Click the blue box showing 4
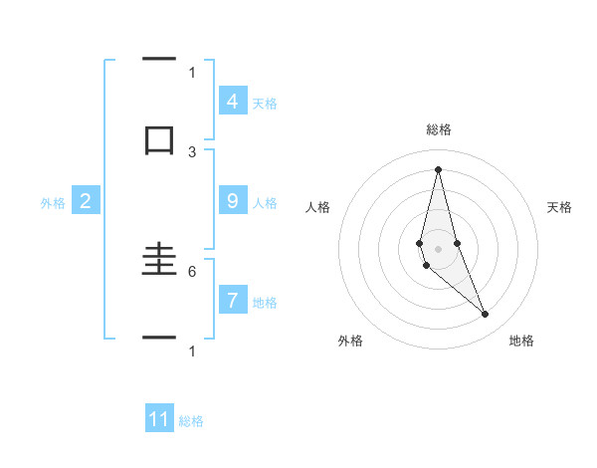coord(232,101)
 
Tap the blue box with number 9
coord(232,201)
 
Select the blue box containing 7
coord(232,300)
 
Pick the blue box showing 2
coord(86,201)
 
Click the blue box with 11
coord(159,419)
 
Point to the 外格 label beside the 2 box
coord(53,202)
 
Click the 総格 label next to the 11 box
coord(191,420)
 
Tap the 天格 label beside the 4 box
coord(265,103)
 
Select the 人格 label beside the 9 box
coord(265,202)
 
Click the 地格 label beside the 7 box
coord(265,302)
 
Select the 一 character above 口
coord(159,61)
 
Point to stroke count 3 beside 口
coord(192,151)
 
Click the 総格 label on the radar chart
coord(438,129)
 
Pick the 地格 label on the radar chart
coord(521,341)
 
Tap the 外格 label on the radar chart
coord(351,341)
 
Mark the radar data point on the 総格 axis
coord(438,168)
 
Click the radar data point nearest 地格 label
coord(486,315)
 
